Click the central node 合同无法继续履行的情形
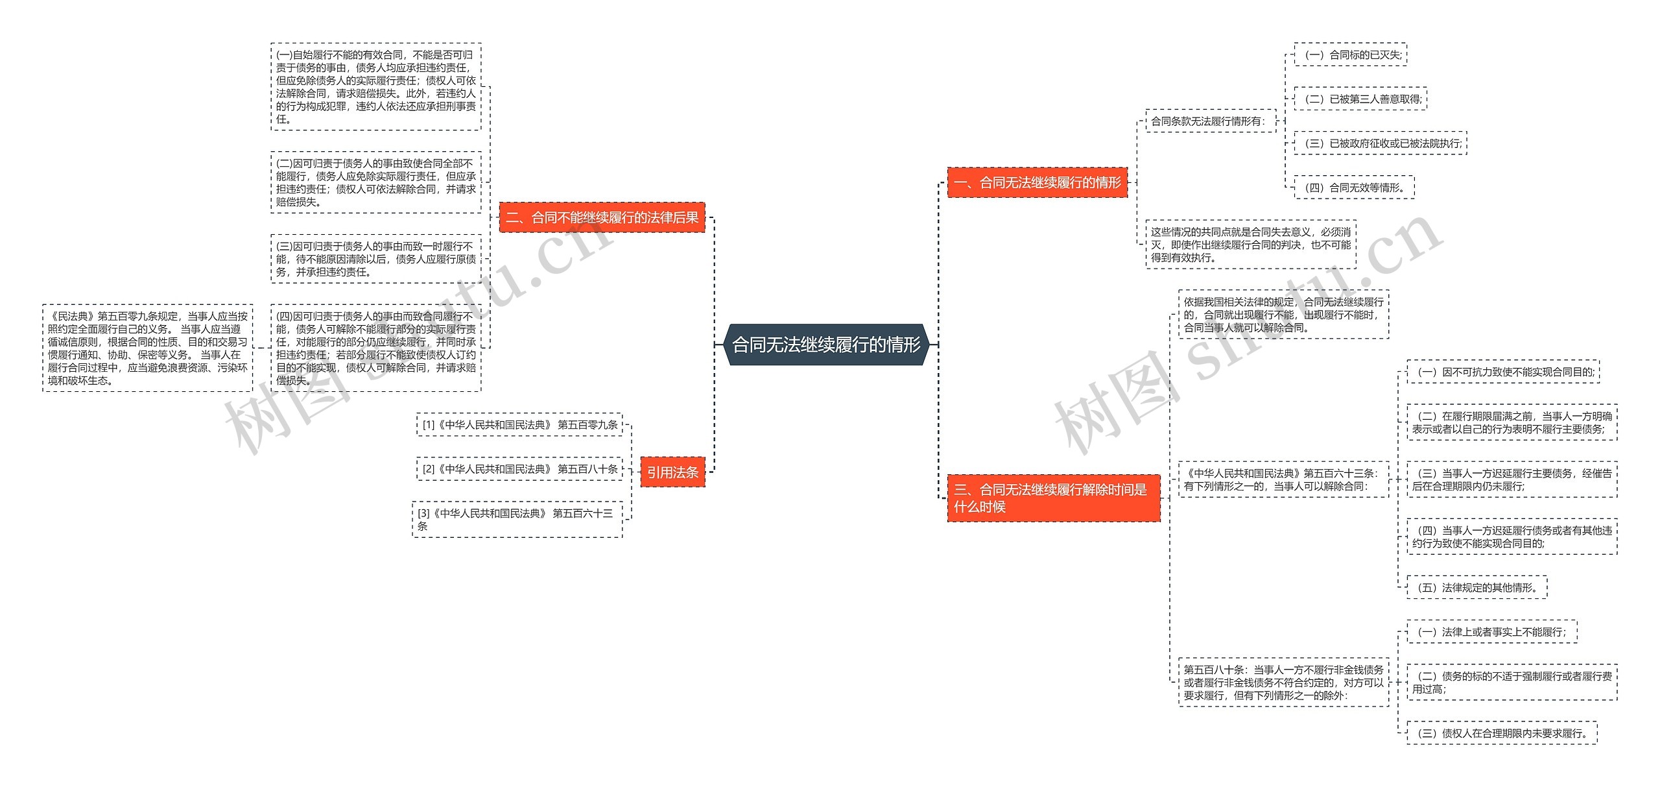click(826, 345)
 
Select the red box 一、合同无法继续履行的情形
click(1037, 182)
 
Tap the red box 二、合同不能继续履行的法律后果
click(602, 217)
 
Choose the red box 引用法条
click(672, 472)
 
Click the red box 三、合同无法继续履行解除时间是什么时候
click(1053, 498)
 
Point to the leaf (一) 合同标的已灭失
click(1350, 55)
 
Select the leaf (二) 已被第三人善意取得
click(1360, 99)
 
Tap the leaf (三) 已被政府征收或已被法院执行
click(1380, 143)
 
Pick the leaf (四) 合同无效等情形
click(1354, 188)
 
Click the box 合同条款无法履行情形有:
click(1210, 121)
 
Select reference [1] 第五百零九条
click(519, 425)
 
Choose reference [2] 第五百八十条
click(519, 469)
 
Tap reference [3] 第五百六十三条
click(517, 519)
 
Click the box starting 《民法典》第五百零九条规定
click(147, 348)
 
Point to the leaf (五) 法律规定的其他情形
click(1476, 588)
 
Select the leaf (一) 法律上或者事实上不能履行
click(1491, 632)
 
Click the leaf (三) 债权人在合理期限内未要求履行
click(1501, 733)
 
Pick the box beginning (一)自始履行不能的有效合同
click(376, 87)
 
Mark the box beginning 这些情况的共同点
click(1250, 245)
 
